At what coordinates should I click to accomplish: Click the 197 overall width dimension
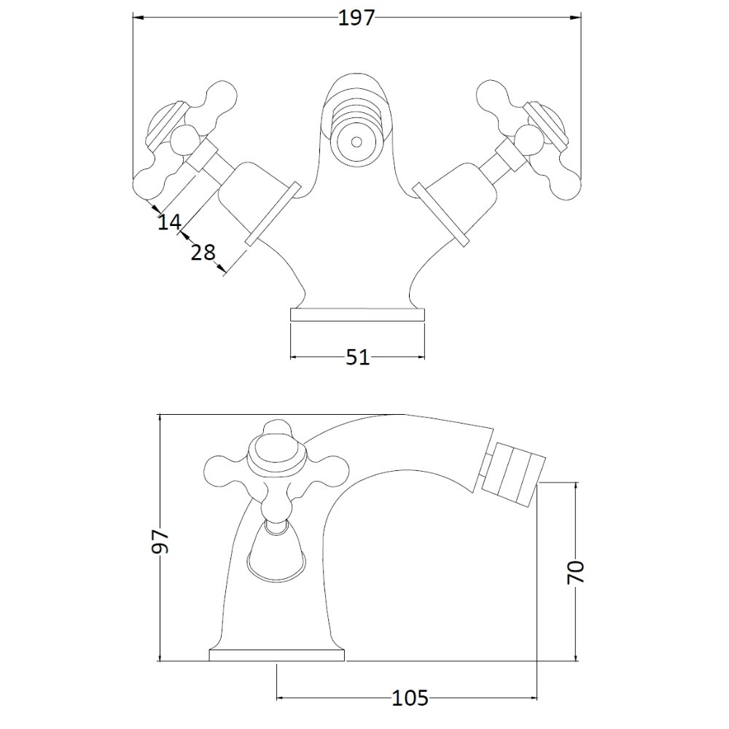356,18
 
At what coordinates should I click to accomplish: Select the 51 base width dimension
357,357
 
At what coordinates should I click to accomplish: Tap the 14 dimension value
169,222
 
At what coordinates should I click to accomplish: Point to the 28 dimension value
203,252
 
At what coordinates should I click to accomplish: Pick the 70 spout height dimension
576,572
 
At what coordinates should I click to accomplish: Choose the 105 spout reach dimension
410,698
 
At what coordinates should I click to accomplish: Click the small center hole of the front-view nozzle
356,141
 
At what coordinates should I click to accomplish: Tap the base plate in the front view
357,315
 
